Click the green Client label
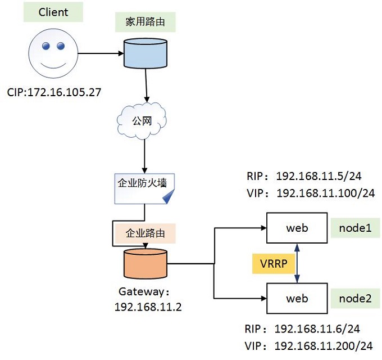(53, 12)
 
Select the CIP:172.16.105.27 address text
(54, 92)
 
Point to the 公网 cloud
(141, 120)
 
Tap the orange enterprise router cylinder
(145, 263)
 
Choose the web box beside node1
(297, 228)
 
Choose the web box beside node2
(297, 298)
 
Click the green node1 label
(355, 228)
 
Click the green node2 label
(355, 298)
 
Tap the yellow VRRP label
(274, 263)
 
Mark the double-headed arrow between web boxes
(297, 263)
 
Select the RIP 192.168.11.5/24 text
(303, 177)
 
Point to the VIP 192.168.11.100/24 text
(310, 193)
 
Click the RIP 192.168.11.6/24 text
(303, 329)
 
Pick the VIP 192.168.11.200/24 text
(310, 346)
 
